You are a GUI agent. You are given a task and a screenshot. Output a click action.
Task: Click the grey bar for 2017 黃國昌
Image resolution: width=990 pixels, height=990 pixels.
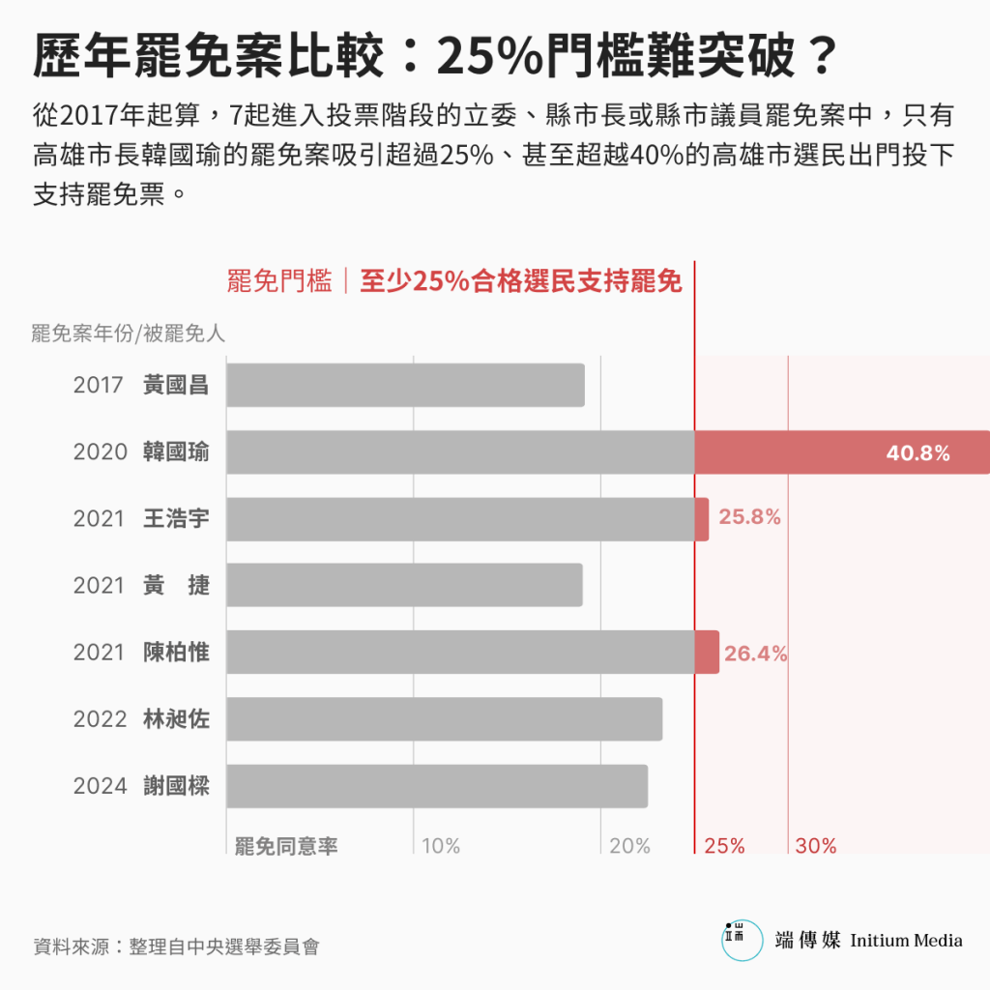pyautogui.click(x=405, y=385)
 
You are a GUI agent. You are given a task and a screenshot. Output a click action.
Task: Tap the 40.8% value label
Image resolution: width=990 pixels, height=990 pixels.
pyautogui.click(x=917, y=452)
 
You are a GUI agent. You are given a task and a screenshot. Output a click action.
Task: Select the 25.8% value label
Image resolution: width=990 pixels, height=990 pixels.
pyautogui.click(x=749, y=517)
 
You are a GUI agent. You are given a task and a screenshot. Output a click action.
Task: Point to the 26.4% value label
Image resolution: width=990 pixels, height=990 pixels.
pyautogui.click(x=755, y=654)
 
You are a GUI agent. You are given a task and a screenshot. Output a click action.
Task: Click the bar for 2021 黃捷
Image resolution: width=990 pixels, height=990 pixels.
pyautogui.click(x=404, y=585)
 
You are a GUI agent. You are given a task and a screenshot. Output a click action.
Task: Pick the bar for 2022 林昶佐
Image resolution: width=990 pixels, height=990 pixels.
pyautogui.click(x=444, y=718)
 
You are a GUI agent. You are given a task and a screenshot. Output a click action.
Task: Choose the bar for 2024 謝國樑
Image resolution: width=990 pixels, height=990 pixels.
pyautogui.click(x=437, y=785)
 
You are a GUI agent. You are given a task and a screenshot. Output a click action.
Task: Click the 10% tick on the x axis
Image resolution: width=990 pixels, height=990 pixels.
pyautogui.click(x=441, y=846)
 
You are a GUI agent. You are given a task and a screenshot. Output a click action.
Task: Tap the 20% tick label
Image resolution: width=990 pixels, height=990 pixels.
pyautogui.click(x=629, y=846)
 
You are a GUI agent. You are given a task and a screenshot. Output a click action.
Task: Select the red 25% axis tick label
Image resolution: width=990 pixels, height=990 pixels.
pyautogui.click(x=724, y=846)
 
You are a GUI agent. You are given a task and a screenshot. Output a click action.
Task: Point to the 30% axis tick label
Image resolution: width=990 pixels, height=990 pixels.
pyautogui.click(x=816, y=846)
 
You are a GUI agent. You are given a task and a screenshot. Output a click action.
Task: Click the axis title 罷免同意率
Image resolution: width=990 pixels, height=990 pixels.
pyautogui.click(x=286, y=846)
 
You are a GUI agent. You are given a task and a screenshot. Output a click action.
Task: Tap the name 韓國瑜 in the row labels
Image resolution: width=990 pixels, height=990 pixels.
pyautogui.click(x=176, y=451)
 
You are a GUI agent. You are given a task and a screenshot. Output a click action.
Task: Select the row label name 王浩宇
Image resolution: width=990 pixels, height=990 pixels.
pyautogui.click(x=176, y=518)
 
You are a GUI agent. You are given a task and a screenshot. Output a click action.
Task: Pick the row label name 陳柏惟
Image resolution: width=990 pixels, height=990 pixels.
pyautogui.click(x=176, y=653)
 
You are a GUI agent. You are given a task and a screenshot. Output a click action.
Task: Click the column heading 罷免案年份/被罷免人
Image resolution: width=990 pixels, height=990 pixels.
pyautogui.click(x=128, y=334)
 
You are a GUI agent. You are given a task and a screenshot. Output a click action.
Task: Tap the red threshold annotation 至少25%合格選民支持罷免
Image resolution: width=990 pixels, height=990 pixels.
pyautogui.click(x=521, y=281)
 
